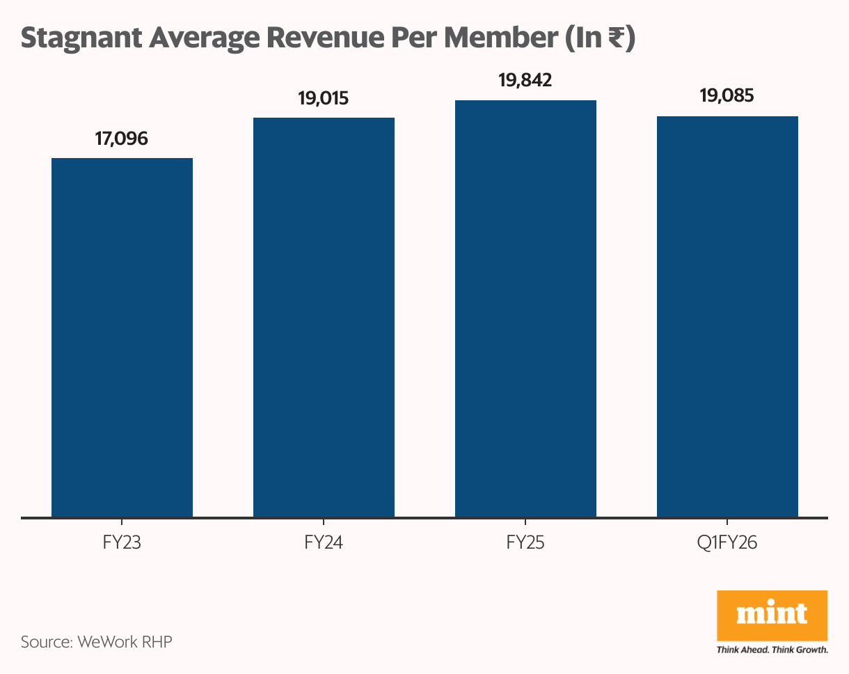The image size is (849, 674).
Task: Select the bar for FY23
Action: tap(122, 338)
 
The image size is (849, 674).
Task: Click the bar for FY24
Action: tap(324, 318)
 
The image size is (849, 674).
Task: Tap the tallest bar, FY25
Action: tap(525, 308)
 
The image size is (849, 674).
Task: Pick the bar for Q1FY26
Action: tap(727, 317)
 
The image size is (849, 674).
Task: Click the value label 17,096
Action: tap(122, 139)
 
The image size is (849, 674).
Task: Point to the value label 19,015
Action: tap(323, 98)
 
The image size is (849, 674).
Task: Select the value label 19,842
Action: tap(525, 81)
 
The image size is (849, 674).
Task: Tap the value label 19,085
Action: tap(727, 96)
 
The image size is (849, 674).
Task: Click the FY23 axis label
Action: tap(122, 542)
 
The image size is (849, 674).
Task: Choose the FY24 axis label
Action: tap(324, 542)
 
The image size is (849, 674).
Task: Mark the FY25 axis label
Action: tap(525, 542)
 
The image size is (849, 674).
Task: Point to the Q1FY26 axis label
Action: tap(727, 542)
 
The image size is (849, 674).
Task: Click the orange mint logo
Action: tap(772, 616)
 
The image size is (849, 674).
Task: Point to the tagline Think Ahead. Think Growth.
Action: tap(772, 650)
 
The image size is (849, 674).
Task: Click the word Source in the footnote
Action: tap(45, 641)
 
